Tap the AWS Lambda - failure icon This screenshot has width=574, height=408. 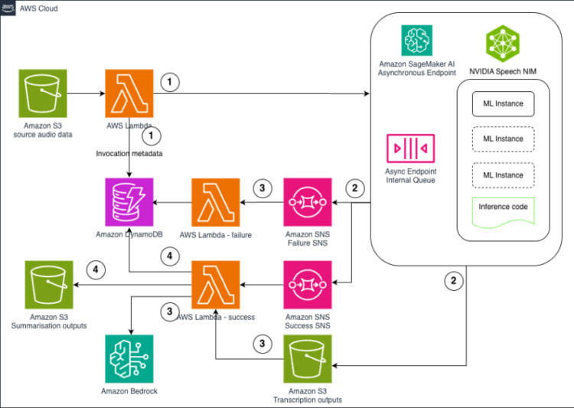214,201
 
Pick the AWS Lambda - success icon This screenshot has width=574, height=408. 214,285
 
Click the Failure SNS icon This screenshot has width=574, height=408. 308,201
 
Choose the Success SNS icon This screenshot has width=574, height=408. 308,285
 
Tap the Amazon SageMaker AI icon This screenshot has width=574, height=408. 417,40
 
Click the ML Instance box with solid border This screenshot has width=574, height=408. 503,103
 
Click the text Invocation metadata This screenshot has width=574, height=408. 131,153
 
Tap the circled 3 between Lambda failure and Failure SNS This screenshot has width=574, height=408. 262,189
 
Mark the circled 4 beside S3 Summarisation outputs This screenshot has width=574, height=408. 96,269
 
